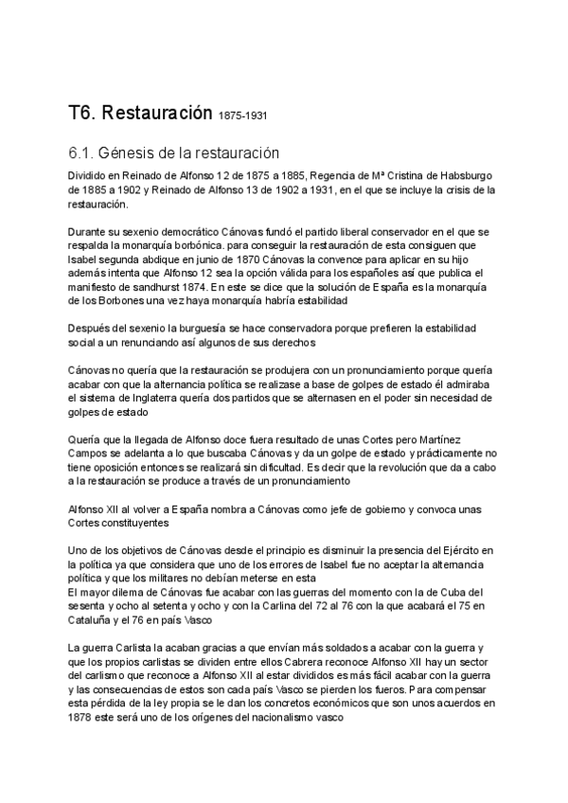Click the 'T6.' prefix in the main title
(86, 115)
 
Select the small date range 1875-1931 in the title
(243, 117)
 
